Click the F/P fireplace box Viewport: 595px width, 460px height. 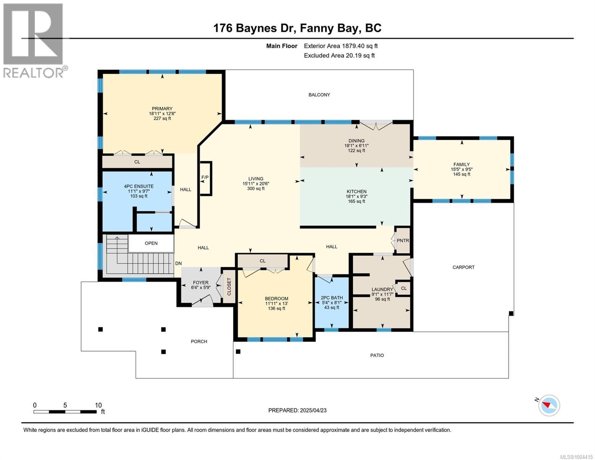click(206, 178)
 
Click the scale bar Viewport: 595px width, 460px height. click(65, 411)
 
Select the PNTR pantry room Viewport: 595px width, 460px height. click(403, 240)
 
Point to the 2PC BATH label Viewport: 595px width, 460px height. click(331, 297)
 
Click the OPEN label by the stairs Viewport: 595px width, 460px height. click(151, 243)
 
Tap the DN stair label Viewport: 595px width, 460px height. click(178, 263)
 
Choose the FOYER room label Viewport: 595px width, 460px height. click(201, 283)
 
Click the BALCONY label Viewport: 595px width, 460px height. click(319, 95)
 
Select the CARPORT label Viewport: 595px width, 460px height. click(463, 267)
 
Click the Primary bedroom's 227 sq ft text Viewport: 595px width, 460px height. click(162, 118)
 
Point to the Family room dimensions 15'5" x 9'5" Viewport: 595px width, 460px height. click(462, 169)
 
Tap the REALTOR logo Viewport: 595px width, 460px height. click(33, 41)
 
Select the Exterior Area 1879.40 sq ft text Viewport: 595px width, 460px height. click(341, 46)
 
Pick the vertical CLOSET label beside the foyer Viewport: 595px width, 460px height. click(229, 287)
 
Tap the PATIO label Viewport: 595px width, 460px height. click(377, 355)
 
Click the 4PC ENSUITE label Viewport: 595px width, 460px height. click(139, 186)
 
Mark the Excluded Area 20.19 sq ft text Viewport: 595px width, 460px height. click(339, 56)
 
